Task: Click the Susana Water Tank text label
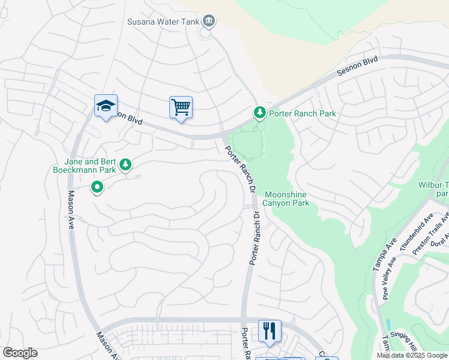pos(162,22)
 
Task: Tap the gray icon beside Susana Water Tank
pos(208,22)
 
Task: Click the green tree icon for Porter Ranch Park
pos(259,112)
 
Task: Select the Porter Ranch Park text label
pos(302,113)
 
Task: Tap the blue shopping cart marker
pos(181,107)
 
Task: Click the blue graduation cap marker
pos(106,106)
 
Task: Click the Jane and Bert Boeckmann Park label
pos(90,166)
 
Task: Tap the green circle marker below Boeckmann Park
pos(97,188)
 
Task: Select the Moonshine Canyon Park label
pos(287,199)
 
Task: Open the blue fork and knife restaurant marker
pos(269,331)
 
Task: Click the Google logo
pos(20,353)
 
